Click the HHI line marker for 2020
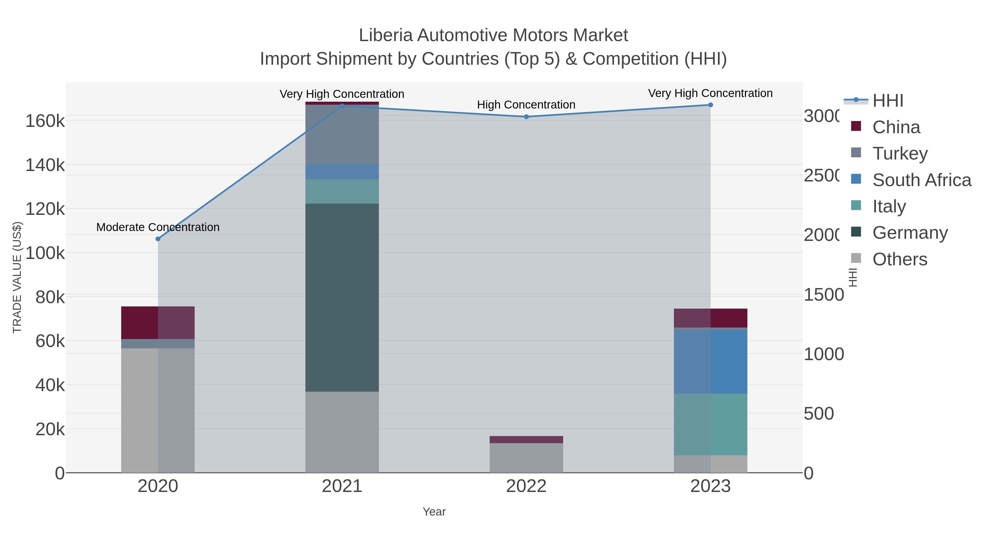click(x=158, y=239)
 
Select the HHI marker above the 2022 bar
click(x=526, y=116)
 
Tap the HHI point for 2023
click(x=710, y=105)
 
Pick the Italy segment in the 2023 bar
click(x=710, y=424)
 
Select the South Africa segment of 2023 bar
click(x=710, y=361)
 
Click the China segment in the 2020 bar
click(x=158, y=323)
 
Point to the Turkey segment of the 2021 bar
click(x=342, y=134)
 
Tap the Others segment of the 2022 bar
click(x=526, y=458)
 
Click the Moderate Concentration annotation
click(x=158, y=227)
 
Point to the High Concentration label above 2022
click(x=526, y=105)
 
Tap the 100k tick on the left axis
click(x=45, y=253)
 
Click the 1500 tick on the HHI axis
click(x=823, y=295)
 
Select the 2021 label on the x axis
click(x=342, y=486)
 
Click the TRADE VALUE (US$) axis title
click(x=17, y=277)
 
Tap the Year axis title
click(x=434, y=512)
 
